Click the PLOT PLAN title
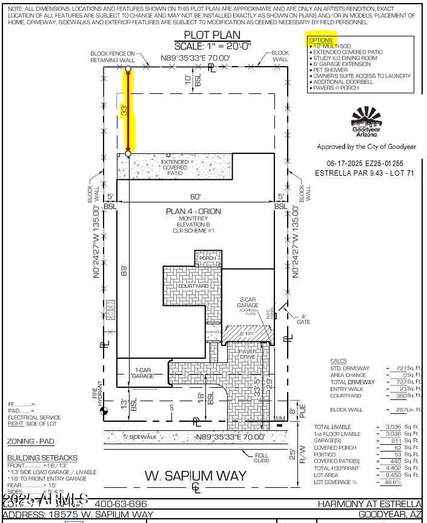click(x=211, y=35)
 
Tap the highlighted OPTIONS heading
click(x=321, y=40)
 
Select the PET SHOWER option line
click(x=330, y=70)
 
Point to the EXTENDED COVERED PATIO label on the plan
click(x=174, y=168)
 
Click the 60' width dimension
click(x=194, y=196)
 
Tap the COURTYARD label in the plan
click(x=193, y=286)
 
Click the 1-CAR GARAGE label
click(x=143, y=373)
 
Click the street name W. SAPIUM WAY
click(x=195, y=475)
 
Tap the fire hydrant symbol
click(x=104, y=411)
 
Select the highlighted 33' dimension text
click(x=125, y=110)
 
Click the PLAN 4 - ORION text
click(x=194, y=212)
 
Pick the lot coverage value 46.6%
click(x=393, y=482)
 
